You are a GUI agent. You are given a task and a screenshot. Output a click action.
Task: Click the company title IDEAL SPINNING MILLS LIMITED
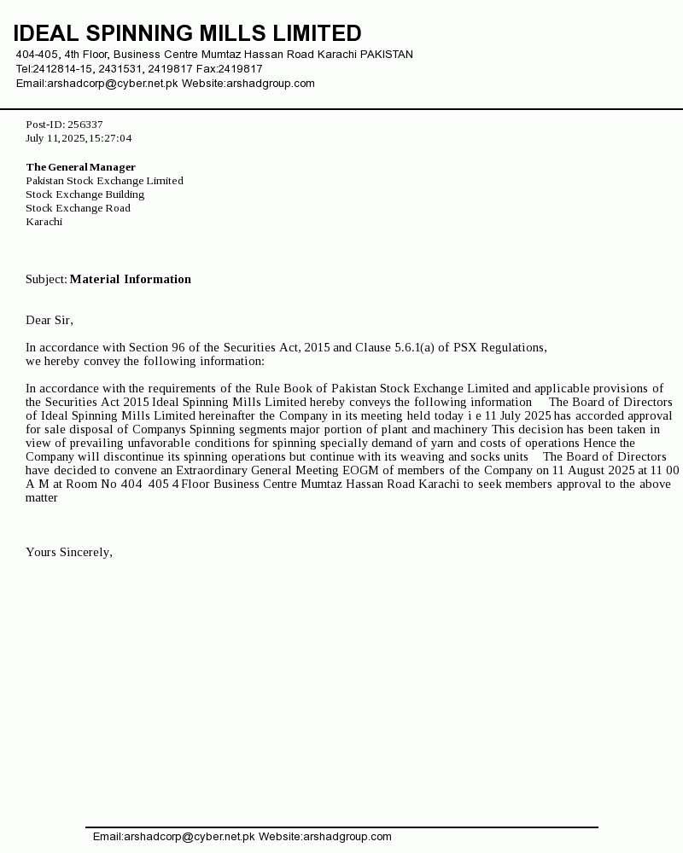[187, 33]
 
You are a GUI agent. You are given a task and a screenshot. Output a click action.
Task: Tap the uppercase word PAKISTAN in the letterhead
[386, 55]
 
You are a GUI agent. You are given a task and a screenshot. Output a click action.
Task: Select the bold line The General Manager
[80, 167]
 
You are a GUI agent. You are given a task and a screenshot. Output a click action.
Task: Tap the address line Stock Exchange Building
[85, 194]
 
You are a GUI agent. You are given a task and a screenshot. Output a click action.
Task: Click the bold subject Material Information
[130, 280]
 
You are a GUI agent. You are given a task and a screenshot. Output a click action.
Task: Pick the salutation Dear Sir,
[50, 321]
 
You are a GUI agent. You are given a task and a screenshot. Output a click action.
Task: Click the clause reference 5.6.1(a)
[414, 348]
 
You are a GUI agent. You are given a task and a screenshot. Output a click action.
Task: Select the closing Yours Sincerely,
[69, 553]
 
